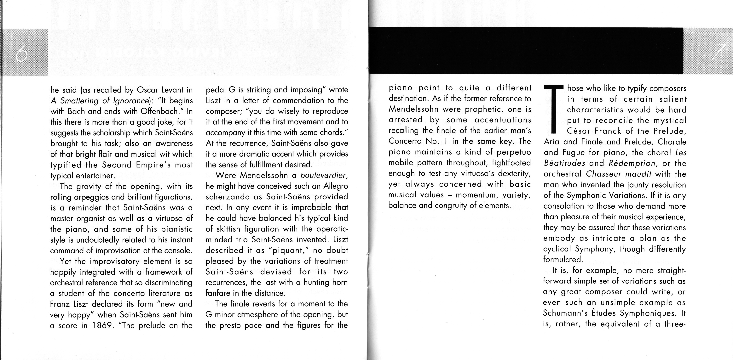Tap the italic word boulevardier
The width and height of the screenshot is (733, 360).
click(324, 175)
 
